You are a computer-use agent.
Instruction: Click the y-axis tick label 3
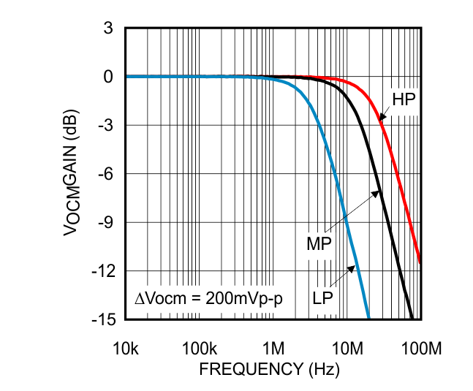pos(107,29)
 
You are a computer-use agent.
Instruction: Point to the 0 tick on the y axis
pos(107,77)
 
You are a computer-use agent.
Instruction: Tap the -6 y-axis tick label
pos(105,174)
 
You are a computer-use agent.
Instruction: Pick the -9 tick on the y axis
pos(105,222)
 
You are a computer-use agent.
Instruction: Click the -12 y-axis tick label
pos(102,271)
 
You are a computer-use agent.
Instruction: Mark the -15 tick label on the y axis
pos(102,319)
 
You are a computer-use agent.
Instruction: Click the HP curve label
pos(404,99)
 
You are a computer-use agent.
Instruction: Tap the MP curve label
pos(319,243)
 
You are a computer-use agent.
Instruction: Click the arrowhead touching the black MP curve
pos(378,192)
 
